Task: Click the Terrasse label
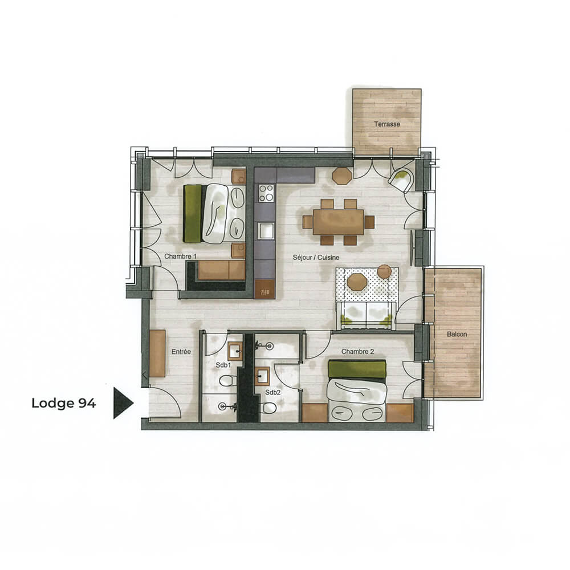pyautogui.click(x=387, y=124)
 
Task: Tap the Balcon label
pyautogui.click(x=457, y=334)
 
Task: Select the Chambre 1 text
pyautogui.click(x=180, y=256)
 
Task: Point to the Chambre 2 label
pyautogui.click(x=358, y=352)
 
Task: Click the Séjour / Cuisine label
pyautogui.click(x=316, y=258)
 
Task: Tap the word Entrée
pyautogui.click(x=181, y=352)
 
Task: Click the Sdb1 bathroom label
pyautogui.click(x=223, y=365)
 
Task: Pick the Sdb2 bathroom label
pyautogui.click(x=272, y=393)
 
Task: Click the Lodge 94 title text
pyautogui.click(x=64, y=403)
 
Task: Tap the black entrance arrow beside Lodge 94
pyautogui.click(x=123, y=403)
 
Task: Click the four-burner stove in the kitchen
pyautogui.click(x=266, y=193)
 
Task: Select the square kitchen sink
pyautogui.click(x=266, y=231)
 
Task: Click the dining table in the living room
pyautogui.click(x=339, y=222)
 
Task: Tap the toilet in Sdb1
pyautogui.click(x=227, y=381)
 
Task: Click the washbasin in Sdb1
pyautogui.click(x=235, y=352)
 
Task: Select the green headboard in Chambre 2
pyautogui.click(x=357, y=369)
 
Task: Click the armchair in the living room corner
pyautogui.click(x=401, y=180)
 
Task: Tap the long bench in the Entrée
pyautogui.click(x=157, y=353)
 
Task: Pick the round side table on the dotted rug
pyautogui.click(x=384, y=271)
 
